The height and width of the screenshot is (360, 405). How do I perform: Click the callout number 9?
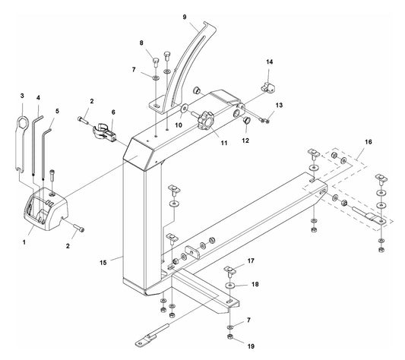point(184,16)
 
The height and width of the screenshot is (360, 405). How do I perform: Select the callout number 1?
point(24,242)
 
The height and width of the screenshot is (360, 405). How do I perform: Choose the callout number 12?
point(245,140)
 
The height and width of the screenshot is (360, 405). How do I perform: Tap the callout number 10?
point(179,124)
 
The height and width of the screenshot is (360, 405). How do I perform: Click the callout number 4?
point(38,98)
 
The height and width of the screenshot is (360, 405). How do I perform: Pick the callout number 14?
point(268,61)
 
